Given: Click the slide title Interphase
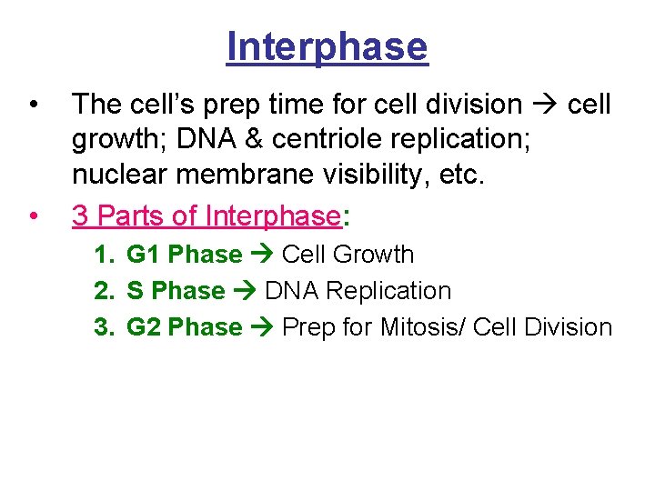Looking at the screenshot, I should pyautogui.click(x=327, y=46).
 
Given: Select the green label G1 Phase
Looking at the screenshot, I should pyautogui.click(x=184, y=255).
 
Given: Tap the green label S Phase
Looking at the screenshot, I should pyautogui.click(x=176, y=291).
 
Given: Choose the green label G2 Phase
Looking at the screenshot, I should pyautogui.click(x=184, y=327).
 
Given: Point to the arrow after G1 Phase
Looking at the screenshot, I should pyautogui.click(x=263, y=256).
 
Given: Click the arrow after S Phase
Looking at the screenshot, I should pyautogui.click(x=245, y=292).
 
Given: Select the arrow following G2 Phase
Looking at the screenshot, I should pyautogui.click(x=263, y=328).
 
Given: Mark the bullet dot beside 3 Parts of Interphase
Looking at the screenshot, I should pyautogui.click(x=33, y=216).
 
